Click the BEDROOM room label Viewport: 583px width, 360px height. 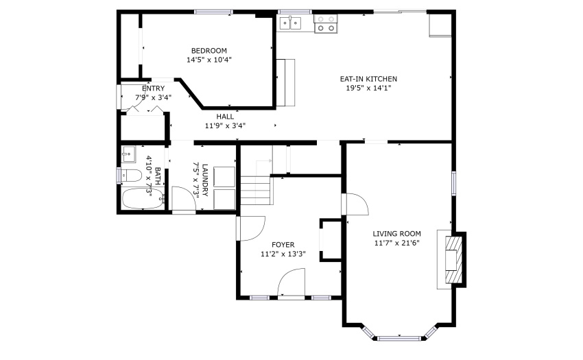209,51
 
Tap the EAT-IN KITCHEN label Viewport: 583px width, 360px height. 368,79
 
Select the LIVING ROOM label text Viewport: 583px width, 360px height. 396,234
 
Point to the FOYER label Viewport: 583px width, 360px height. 283,245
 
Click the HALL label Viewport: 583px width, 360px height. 225,117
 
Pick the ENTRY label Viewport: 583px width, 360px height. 153,88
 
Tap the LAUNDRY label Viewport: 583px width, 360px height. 205,180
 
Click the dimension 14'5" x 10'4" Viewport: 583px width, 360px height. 209,60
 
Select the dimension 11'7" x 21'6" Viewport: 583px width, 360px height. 396,243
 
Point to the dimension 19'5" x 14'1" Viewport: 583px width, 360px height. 368,88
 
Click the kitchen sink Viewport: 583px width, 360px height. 290,23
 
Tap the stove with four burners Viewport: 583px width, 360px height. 326,24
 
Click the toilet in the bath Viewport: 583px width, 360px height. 131,176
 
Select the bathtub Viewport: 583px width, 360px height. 143,199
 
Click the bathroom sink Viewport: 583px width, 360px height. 129,154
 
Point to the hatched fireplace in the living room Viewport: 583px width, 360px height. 455,260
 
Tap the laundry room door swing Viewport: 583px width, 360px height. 184,198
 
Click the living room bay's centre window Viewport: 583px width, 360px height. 400,339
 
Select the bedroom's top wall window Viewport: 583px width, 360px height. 213,12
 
